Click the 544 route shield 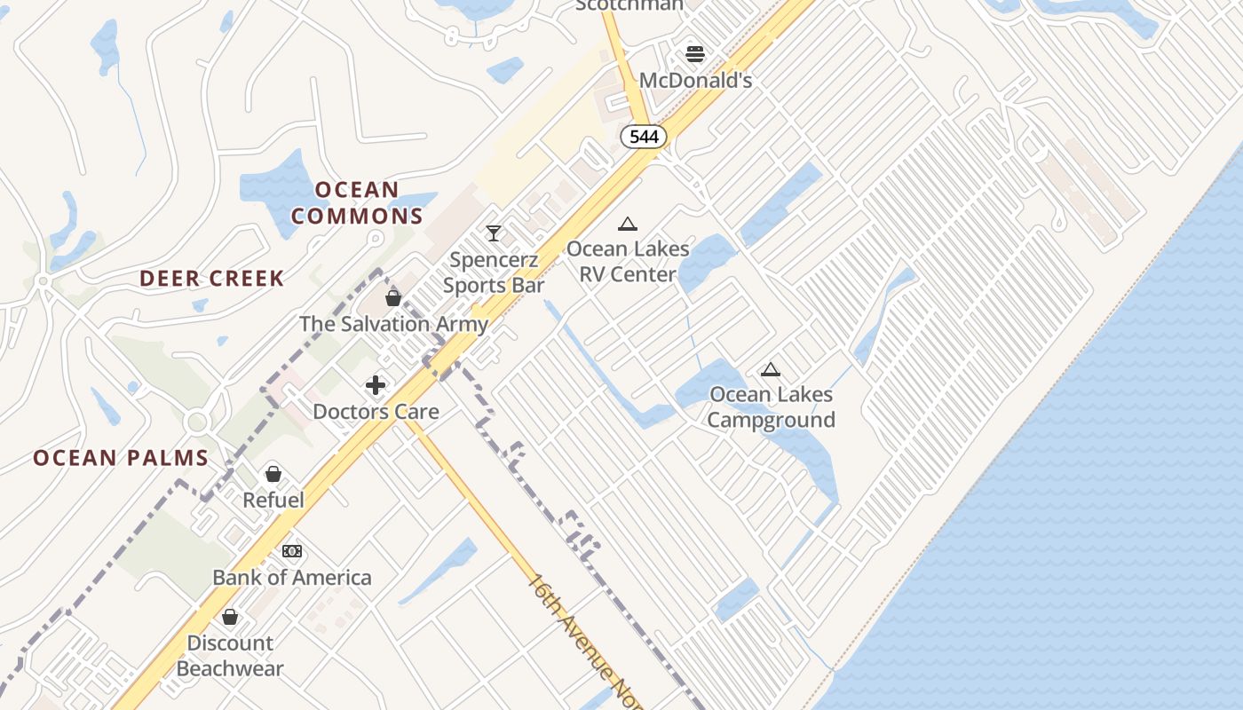[x=643, y=136]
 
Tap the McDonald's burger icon [x=695, y=54]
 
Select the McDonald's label [x=695, y=80]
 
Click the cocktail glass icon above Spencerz [x=494, y=233]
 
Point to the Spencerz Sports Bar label [x=494, y=272]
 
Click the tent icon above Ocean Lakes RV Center [x=628, y=224]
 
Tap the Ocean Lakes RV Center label [x=628, y=261]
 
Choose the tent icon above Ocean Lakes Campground [x=771, y=369]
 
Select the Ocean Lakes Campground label [x=771, y=406]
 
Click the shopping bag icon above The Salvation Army [x=393, y=298]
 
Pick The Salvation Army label [x=393, y=324]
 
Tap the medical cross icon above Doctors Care [x=376, y=385]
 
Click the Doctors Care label [x=376, y=412]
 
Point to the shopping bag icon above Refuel [x=273, y=474]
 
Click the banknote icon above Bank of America [x=292, y=551]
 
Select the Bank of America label [x=292, y=578]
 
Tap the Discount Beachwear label [x=230, y=655]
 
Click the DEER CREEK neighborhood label [x=212, y=278]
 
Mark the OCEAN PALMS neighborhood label [x=121, y=458]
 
